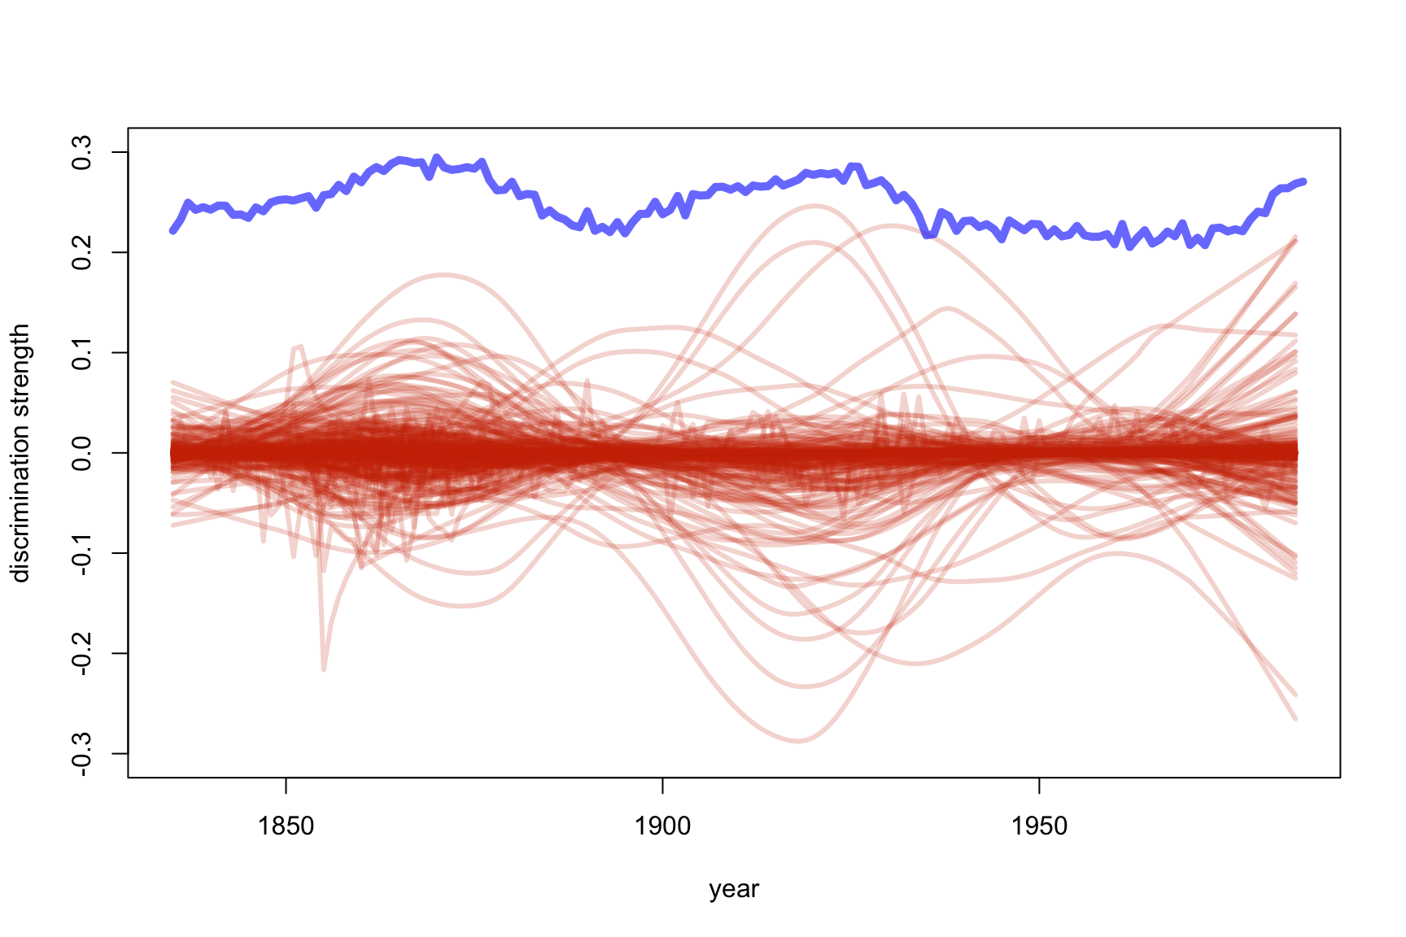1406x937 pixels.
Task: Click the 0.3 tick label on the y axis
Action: (82, 152)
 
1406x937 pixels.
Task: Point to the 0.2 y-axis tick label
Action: (82, 252)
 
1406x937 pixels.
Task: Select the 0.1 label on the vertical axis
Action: (82, 352)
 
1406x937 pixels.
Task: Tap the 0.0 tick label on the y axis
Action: (82, 452)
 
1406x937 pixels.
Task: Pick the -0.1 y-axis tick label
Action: (82, 553)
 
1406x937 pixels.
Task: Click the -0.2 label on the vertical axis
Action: (82, 653)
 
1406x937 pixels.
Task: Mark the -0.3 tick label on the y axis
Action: (82, 753)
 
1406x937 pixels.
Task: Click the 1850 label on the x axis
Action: (286, 826)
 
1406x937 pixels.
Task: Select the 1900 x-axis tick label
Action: (662, 826)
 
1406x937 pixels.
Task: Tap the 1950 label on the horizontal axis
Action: (1039, 826)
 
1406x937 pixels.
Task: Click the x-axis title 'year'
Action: (734, 889)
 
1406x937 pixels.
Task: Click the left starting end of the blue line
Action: (172, 231)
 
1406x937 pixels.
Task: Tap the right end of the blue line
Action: (1303, 181)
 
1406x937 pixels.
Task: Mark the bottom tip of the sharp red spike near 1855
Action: (324, 669)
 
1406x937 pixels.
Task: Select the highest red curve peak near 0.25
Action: (814, 206)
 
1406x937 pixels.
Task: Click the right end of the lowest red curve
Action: (1295, 719)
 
